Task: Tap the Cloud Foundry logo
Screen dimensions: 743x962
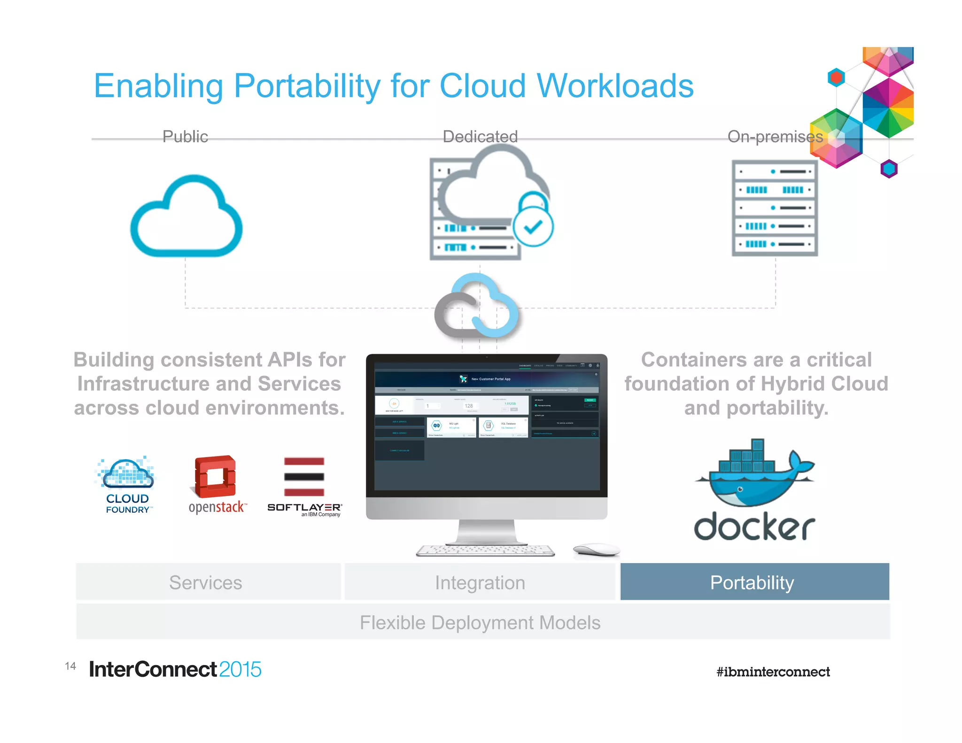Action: point(127,484)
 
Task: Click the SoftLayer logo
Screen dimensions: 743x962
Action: point(304,486)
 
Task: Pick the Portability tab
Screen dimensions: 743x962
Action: point(754,582)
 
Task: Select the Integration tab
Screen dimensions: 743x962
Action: point(480,582)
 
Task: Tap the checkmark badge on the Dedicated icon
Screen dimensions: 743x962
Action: point(533,227)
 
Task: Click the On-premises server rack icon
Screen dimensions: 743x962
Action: point(775,208)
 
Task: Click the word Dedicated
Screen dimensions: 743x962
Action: point(480,137)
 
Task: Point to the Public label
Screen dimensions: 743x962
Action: point(185,137)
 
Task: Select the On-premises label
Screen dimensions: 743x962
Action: point(775,137)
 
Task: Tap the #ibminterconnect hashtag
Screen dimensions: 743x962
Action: point(773,672)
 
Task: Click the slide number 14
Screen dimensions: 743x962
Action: point(70,666)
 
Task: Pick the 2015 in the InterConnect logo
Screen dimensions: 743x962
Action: point(240,669)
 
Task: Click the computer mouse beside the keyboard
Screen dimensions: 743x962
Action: point(596,549)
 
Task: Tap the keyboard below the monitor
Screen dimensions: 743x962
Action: point(485,550)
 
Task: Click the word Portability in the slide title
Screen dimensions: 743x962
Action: point(306,86)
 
